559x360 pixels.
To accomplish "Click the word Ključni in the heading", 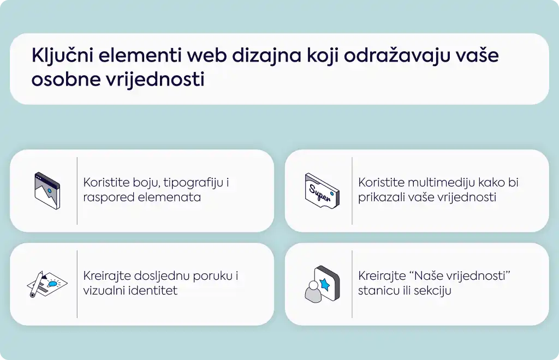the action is coord(62,56).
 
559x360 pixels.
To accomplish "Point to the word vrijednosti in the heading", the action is coord(156,79).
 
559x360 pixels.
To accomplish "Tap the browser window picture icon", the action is coord(47,191).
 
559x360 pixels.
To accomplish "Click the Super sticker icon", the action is coord(322,191).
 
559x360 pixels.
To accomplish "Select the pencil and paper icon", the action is coord(47,284).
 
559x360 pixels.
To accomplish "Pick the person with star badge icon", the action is coord(322,284).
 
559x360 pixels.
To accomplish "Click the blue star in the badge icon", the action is coord(325,284).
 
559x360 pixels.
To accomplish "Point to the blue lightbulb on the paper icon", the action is coord(52,284).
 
